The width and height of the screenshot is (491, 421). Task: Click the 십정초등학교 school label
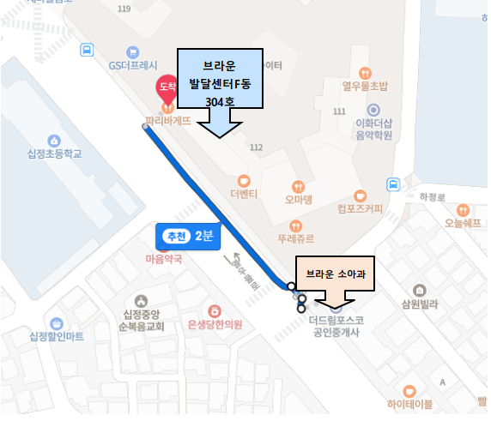[x=54, y=154]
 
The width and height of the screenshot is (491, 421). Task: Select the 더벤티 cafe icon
[x=245, y=181]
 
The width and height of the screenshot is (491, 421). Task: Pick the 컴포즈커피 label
[x=361, y=207]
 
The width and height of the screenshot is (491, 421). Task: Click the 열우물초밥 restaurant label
[x=365, y=86]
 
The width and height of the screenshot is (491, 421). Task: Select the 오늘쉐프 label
[x=462, y=223]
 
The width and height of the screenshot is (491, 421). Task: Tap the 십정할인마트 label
[x=56, y=335]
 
